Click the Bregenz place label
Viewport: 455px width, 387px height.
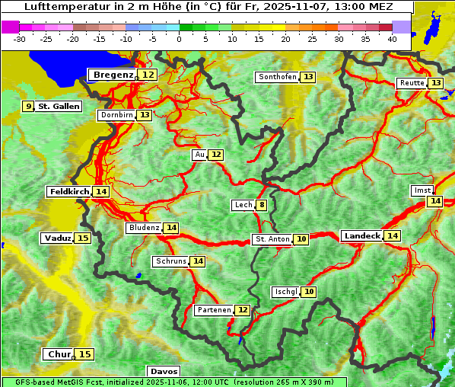coord(113,75)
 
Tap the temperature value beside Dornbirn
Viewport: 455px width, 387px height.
coord(145,115)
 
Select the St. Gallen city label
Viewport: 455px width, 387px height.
coord(59,106)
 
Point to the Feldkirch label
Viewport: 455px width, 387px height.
coord(69,191)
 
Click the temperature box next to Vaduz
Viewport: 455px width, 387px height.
coord(83,238)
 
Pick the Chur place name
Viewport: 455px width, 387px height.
coord(59,354)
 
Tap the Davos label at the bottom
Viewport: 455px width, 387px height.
coord(164,371)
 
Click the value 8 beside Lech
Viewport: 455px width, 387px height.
coord(262,205)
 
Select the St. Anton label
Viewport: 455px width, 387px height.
coord(272,239)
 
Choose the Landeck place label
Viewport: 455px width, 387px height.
coord(361,236)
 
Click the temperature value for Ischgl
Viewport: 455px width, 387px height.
coord(308,292)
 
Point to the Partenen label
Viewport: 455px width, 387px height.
coord(213,310)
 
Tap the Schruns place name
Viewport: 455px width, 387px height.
coord(170,261)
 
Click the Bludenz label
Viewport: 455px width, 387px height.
coord(144,228)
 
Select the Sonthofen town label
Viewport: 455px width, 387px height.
coord(277,77)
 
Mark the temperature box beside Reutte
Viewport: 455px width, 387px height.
coord(435,83)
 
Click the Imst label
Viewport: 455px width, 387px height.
coord(421,190)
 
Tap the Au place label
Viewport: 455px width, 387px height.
coord(199,155)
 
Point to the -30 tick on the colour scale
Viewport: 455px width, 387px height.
coord(20,39)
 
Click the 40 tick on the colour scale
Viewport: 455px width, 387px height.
coord(392,39)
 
